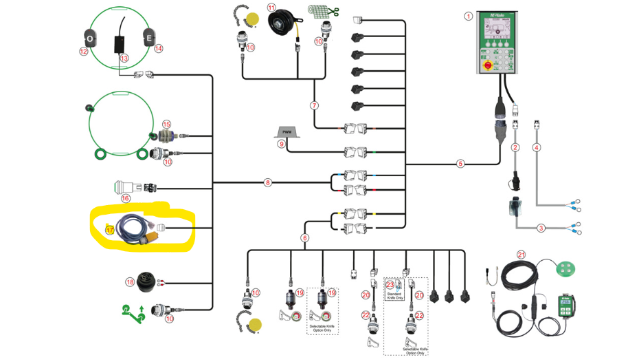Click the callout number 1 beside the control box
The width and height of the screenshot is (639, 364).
[x=469, y=15]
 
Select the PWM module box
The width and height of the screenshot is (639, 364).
[x=284, y=131]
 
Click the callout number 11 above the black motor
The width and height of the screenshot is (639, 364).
[x=271, y=8]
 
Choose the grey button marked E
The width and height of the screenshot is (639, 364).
[x=147, y=39]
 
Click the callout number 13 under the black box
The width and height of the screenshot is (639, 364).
[x=124, y=58]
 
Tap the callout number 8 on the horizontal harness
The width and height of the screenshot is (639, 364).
[x=268, y=182]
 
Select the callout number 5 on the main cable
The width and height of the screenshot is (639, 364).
[x=461, y=164]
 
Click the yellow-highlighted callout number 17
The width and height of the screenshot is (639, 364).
[x=109, y=230]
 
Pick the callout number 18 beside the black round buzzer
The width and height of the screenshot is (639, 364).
[x=130, y=281]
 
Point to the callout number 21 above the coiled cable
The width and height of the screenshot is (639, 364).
[x=522, y=255]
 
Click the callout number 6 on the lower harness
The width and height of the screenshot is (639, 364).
[x=304, y=238]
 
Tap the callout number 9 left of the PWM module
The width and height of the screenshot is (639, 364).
[x=281, y=144]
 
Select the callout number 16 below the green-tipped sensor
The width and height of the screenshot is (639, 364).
[x=125, y=198]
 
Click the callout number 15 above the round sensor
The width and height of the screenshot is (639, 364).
[x=166, y=125]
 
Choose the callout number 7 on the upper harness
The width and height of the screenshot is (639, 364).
[x=314, y=106]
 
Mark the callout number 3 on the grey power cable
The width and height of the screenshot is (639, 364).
[x=541, y=228]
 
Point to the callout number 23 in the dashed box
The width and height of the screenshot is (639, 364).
[x=390, y=283]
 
